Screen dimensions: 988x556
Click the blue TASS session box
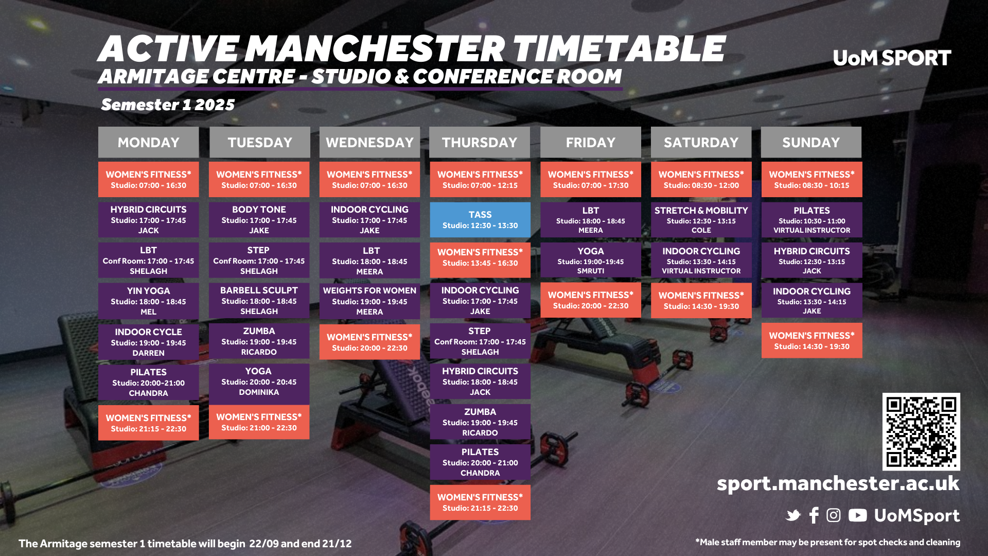point(480,220)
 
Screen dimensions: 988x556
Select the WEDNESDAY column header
point(369,142)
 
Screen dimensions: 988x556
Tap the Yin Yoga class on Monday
point(148,301)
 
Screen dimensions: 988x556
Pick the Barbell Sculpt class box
point(259,301)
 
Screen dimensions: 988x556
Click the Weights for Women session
point(369,301)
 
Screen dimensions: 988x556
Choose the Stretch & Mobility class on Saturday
point(701,220)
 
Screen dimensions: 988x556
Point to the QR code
point(921,431)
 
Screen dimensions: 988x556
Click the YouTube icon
point(857,515)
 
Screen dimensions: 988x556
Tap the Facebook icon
point(814,515)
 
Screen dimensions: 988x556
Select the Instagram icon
point(834,515)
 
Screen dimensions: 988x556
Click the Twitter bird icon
point(793,515)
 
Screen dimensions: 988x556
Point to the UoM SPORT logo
point(892,58)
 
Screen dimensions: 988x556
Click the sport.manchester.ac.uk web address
point(838,483)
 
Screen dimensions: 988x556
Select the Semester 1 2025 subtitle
point(168,105)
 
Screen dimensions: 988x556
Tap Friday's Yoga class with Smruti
point(590,260)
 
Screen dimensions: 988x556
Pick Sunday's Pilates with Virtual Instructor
point(811,220)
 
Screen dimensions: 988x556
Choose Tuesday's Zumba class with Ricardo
point(259,341)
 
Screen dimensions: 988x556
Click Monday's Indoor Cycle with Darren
point(148,342)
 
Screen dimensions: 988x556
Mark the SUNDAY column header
point(811,142)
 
